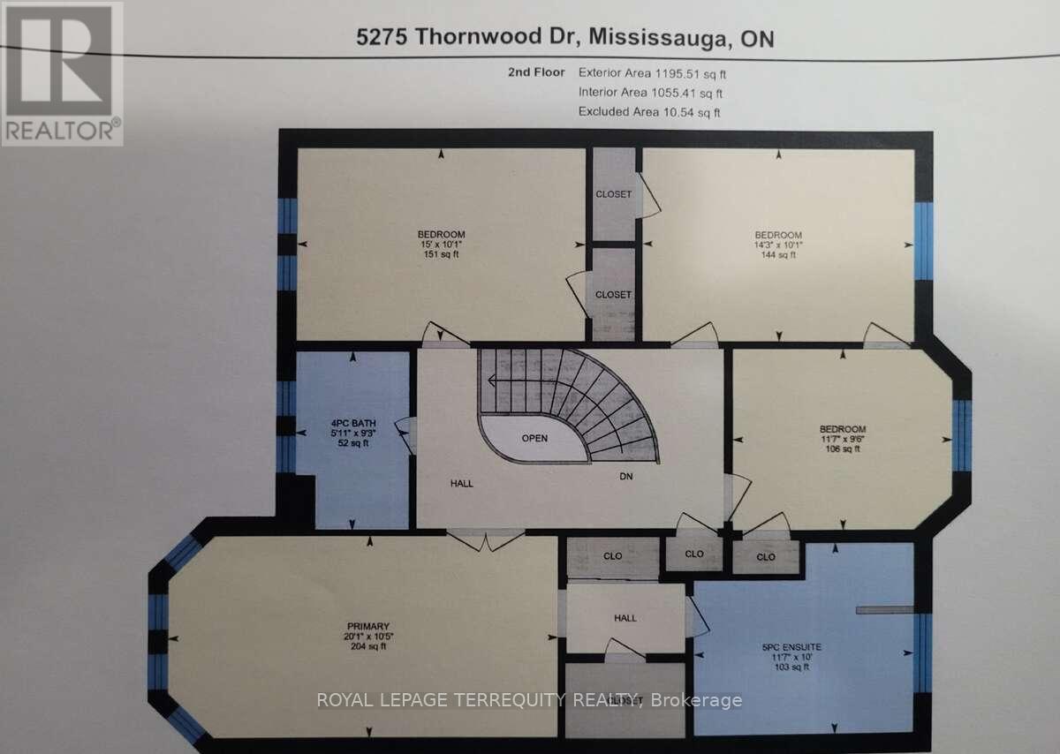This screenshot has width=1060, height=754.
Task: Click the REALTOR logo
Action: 62,73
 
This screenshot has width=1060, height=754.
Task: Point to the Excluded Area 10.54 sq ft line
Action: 649,111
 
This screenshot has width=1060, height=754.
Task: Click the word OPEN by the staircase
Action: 535,438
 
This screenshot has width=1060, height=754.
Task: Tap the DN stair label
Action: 626,476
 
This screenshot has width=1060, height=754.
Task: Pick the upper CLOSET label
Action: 613,194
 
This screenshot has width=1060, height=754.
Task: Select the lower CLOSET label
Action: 613,294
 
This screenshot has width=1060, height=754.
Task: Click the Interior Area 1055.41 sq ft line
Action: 650,92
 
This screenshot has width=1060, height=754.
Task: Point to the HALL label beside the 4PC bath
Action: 461,482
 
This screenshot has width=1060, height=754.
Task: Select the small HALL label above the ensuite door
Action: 625,619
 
